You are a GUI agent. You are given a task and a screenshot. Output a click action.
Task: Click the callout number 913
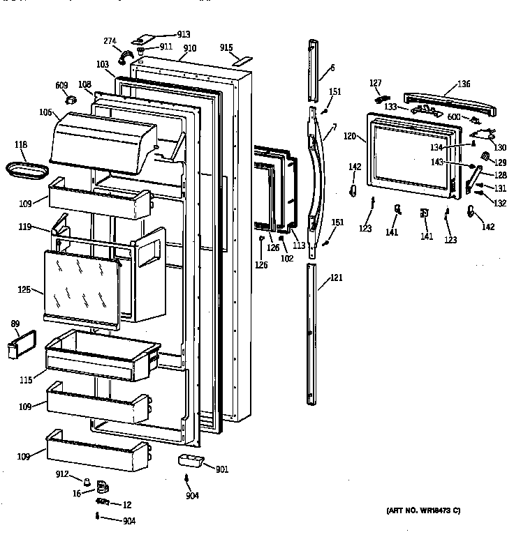pyautogui.click(x=164, y=34)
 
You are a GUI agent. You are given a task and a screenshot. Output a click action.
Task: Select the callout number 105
pyautogui.click(x=46, y=112)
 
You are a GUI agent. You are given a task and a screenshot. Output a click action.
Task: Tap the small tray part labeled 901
pyautogui.click(x=191, y=461)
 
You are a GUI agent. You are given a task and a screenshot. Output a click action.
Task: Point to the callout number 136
pyautogui.click(x=463, y=84)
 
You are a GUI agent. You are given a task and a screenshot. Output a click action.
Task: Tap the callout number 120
pyautogui.click(x=350, y=137)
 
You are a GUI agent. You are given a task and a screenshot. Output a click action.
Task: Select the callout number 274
pyautogui.click(x=110, y=41)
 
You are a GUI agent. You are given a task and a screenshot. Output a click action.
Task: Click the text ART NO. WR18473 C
pyautogui.click(x=423, y=511)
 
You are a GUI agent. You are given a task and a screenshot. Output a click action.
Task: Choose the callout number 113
pyautogui.click(x=299, y=245)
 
